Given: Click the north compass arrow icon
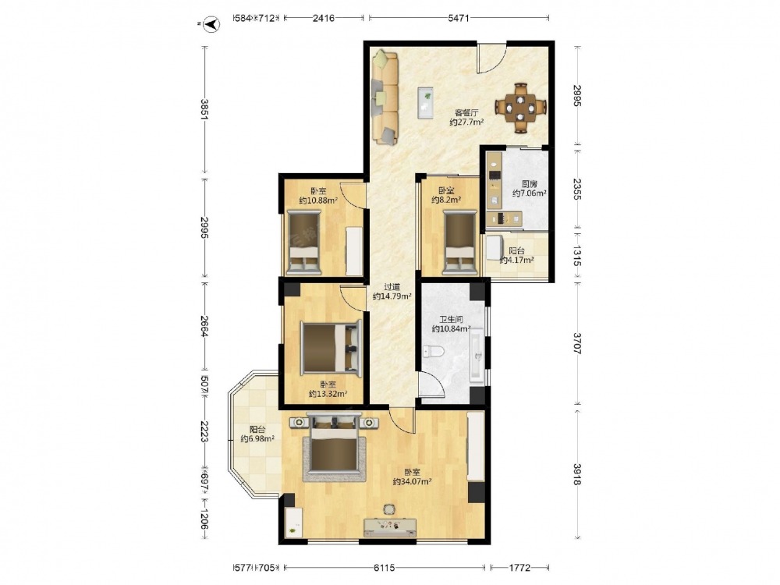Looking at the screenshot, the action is coord(212,24).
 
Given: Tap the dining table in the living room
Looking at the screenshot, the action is coord(520,108).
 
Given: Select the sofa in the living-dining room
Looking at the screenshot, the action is coord(385,97).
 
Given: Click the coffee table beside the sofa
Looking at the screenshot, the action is coord(426,103).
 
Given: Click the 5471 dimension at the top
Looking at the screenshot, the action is coord(458,19).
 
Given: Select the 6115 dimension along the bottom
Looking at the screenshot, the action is coord(384,567).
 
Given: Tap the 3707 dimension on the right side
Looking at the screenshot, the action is coord(577,343).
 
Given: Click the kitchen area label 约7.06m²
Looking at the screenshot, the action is coord(530,193).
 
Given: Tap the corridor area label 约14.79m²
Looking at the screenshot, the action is coord(392,296).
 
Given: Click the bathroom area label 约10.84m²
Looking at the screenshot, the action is coord(451,329).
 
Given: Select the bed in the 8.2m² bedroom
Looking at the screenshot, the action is coord(459,243).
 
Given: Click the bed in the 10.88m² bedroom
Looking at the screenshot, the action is coord(304,243).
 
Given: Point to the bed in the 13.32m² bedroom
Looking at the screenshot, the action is coord(331,347).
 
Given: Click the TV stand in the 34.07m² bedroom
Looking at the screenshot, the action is coord(390,527).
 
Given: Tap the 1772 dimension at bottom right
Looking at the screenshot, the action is coord(519,567).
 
